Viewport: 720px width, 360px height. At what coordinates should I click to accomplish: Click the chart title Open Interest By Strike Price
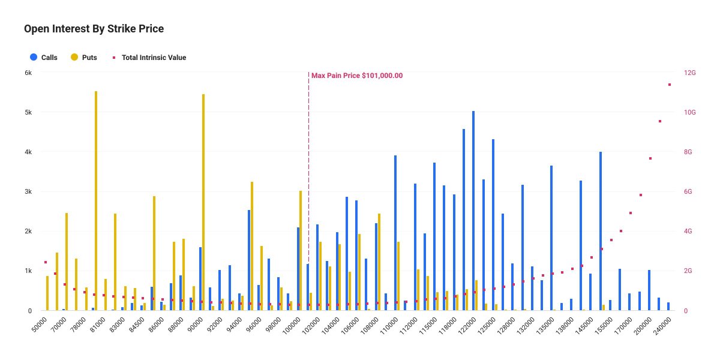[x=94, y=29]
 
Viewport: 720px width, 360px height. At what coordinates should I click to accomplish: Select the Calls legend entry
[x=43, y=58]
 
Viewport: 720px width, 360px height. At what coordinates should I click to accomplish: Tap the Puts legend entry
[x=83, y=58]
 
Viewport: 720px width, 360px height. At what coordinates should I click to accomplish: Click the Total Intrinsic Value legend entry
[x=150, y=58]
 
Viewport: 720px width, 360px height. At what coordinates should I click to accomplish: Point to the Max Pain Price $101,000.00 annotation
[x=356, y=76]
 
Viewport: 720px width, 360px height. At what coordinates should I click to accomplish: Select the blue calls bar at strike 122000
[x=473, y=211]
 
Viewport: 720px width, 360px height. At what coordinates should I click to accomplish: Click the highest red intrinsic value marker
[x=670, y=85]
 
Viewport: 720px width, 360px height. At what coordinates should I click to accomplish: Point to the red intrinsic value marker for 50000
[x=46, y=262]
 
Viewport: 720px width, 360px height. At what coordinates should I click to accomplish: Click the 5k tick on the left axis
[x=28, y=112]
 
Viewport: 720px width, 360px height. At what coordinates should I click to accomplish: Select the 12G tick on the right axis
[x=689, y=73]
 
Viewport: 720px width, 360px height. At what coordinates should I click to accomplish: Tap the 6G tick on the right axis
[x=689, y=191]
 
